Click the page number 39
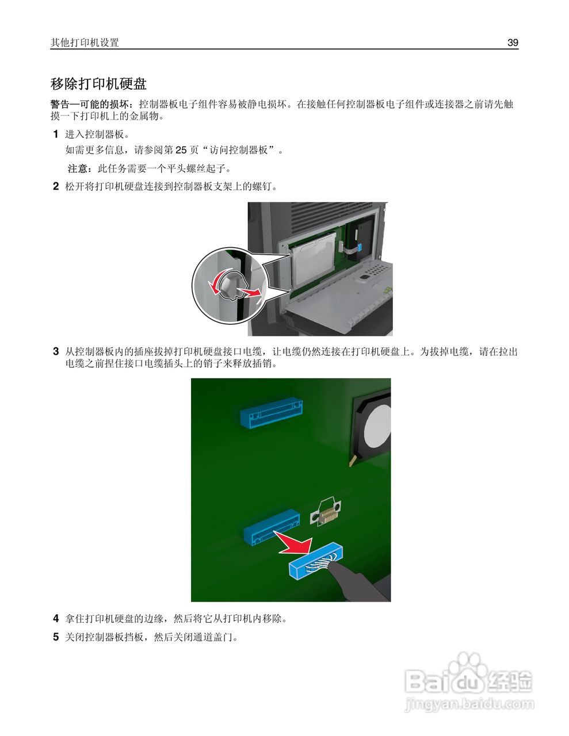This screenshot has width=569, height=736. (x=513, y=43)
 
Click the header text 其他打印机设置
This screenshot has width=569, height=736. (x=85, y=43)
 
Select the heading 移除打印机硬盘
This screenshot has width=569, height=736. (x=98, y=84)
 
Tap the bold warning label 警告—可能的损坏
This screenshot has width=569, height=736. (x=90, y=105)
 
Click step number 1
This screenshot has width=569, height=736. (x=56, y=135)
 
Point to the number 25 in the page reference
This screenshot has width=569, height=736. (x=181, y=150)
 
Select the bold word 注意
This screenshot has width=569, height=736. (x=78, y=168)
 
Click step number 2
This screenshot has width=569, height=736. (x=56, y=186)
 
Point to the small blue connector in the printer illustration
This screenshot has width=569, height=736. (x=360, y=247)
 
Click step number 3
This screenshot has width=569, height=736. (x=56, y=351)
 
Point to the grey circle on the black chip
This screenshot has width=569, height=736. (x=378, y=426)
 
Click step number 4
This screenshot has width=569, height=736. (x=56, y=619)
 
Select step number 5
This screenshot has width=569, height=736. (x=56, y=637)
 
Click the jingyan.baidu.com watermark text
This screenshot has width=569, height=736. (x=469, y=704)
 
